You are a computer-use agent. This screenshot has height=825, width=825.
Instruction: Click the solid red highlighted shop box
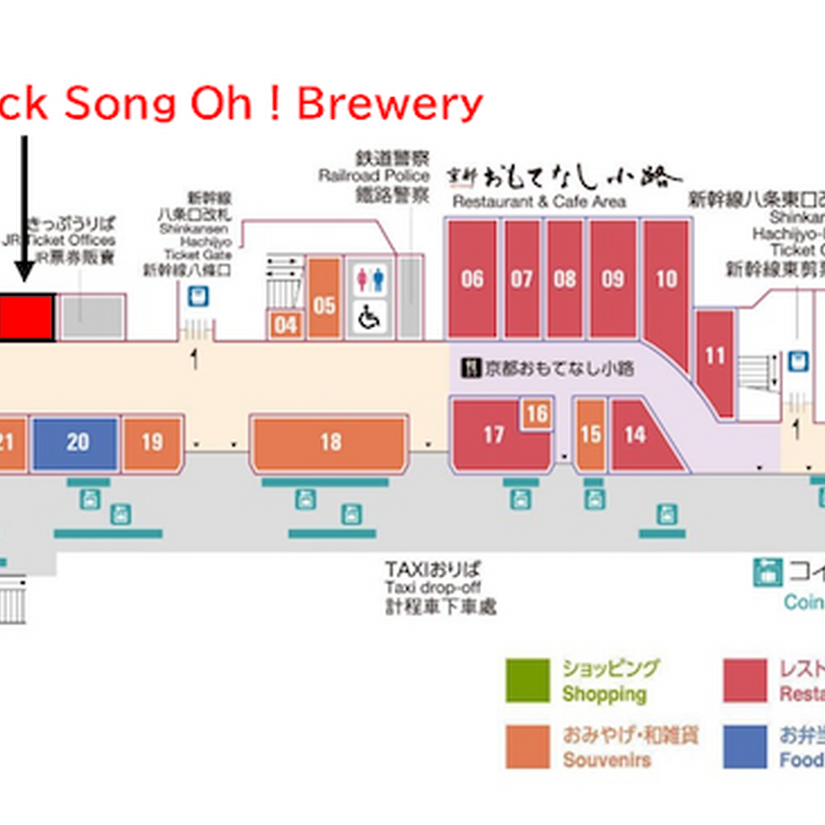pyautogui.click(x=26, y=317)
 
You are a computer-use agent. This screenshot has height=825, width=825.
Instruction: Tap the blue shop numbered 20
pyautogui.click(x=76, y=442)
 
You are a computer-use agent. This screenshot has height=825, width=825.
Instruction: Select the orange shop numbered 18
pyautogui.click(x=329, y=442)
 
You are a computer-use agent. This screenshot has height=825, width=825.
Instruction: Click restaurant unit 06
pyautogui.click(x=472, y=278)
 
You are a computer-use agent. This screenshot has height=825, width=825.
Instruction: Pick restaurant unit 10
pyautogui.click(x=665, y=278)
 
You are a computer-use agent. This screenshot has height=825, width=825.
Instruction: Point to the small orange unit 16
pyautogui.click(x=536, y=414)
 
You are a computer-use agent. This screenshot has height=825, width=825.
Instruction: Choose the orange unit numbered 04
pyautogui.click(x=286, y=325)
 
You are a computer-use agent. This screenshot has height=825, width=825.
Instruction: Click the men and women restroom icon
pyautogui.click(x=369, y=279)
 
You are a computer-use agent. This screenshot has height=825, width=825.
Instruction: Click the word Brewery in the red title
pyautogui.click(x=390, y=104)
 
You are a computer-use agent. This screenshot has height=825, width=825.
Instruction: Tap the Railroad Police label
pyautogui.click(x=373, y=176)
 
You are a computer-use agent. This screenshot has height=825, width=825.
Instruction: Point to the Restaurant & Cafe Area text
pyautogui.click(x=539, y=202)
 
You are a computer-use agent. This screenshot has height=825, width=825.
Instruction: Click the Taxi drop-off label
pyautogui.click(x=433, y=588)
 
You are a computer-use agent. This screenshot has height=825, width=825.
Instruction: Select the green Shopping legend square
pyautogui.click(x=528, y=681)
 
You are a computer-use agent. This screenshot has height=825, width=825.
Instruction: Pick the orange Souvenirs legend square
pyautogui.click(x=528, y=747)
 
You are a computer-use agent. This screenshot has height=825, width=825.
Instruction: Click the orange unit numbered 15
pyautogui.click(x=590, y=434)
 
